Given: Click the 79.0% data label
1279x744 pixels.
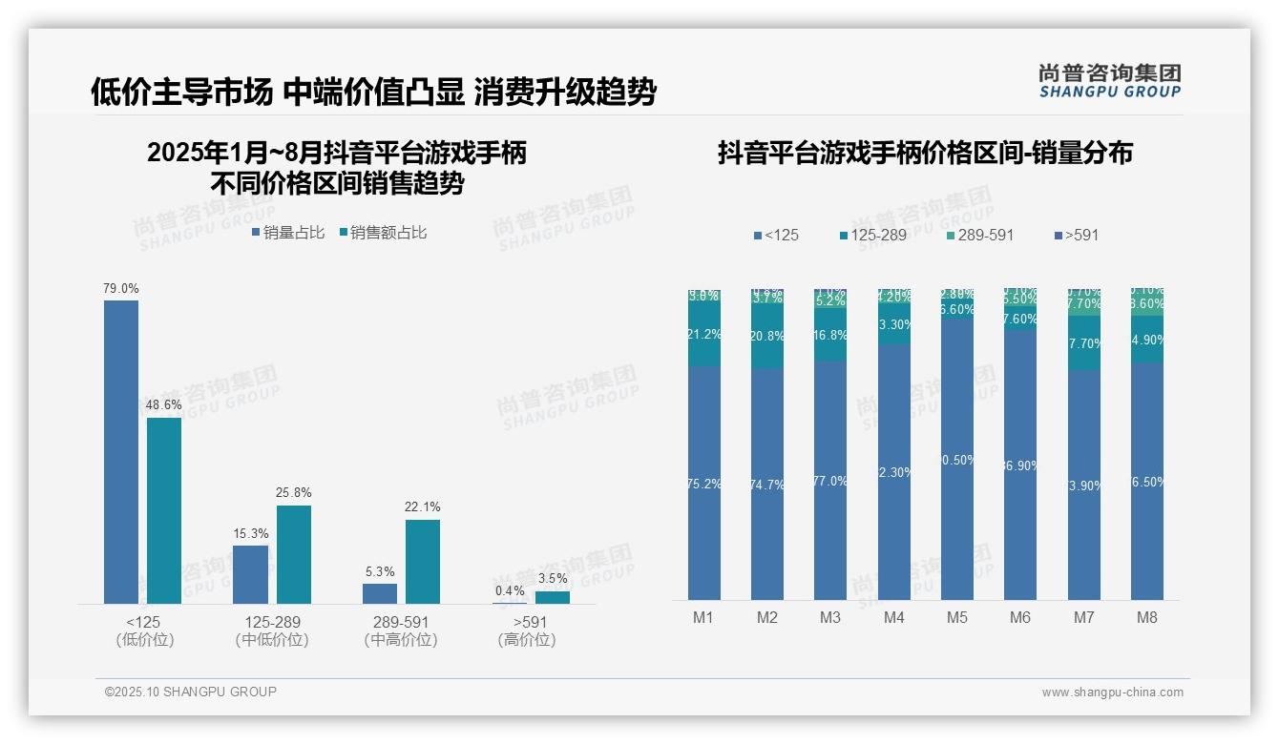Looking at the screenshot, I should (x=121, y=288).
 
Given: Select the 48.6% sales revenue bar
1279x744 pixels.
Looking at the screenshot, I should (x=164, y=510).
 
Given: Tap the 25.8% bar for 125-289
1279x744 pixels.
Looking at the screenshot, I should (x=294, y=554).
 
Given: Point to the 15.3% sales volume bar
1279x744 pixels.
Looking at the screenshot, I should (x=250, y=574).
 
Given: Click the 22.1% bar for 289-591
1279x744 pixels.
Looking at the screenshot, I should (x=423, y=561).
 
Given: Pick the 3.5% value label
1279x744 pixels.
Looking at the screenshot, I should (x=553, y=578).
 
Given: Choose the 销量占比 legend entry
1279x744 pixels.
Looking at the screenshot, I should (x=288, y=233).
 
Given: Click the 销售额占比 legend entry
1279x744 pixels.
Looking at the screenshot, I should (x=383, y=233).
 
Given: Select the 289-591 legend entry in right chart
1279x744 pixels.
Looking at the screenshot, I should (x=980, y=235).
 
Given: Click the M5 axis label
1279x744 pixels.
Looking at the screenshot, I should (x=957, y=617).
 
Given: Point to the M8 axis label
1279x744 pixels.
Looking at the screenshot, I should (x=1146, y=617).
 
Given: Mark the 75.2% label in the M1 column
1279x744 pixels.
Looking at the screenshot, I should (x=704, y=484).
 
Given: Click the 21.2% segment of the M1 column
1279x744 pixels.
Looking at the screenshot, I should (x=704, y=335).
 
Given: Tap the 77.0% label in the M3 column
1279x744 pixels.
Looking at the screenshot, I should (x=830, y=481).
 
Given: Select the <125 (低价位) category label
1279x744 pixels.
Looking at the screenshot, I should (x=144, y=630).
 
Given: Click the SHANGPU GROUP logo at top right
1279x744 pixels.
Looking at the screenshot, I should (x=1109, y=81).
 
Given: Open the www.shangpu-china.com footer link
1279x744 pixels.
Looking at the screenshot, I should (x=1112, y=692).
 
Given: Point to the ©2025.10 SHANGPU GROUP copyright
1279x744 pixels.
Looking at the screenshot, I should (x=191, y=692).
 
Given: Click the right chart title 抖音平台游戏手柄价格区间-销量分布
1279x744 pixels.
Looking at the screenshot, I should (x=925, y=154).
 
